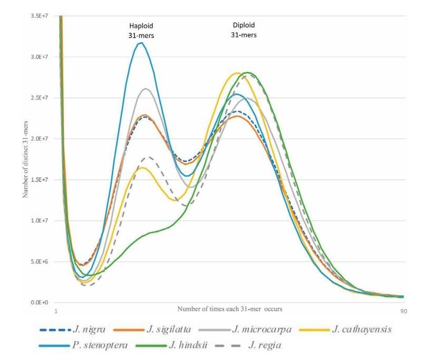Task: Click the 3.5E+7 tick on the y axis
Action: pos(41,16)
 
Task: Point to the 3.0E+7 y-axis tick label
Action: pos(41,57)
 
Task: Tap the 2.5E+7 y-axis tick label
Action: pos(41,98)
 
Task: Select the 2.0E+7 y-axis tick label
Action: pos(41,139)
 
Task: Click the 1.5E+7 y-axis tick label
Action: pos(41,180)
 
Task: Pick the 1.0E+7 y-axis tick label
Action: pos(41,220)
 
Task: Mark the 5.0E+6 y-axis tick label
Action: pos(41,261)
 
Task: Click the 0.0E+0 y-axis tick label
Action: pos(41,303)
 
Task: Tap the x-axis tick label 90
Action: pos(404,312)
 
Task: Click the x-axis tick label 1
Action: pos(56,312)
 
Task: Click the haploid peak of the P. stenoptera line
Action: pos(140,43)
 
